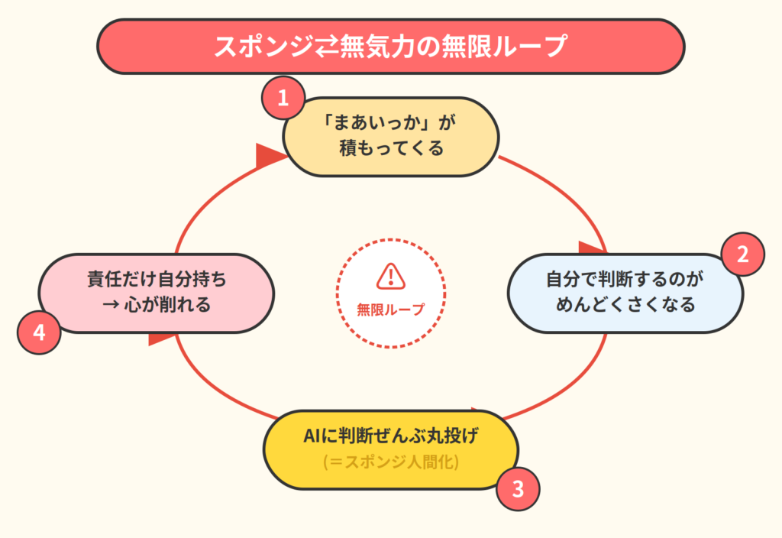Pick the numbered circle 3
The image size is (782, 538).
(x=518, y=488)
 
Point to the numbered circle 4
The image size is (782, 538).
(x=39, y=333)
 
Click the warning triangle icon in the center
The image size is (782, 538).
(x=390, y=277)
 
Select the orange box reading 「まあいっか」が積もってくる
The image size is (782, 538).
(x=390, y=136)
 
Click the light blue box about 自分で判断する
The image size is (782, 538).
(x=625, y=292)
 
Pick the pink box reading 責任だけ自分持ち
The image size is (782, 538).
(x=157, y=292)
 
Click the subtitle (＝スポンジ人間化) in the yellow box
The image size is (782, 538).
(x=390, y=462)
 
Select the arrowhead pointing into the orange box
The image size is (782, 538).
(x=269, y=154)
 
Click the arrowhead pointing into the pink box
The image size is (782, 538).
(x=161, y=337)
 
